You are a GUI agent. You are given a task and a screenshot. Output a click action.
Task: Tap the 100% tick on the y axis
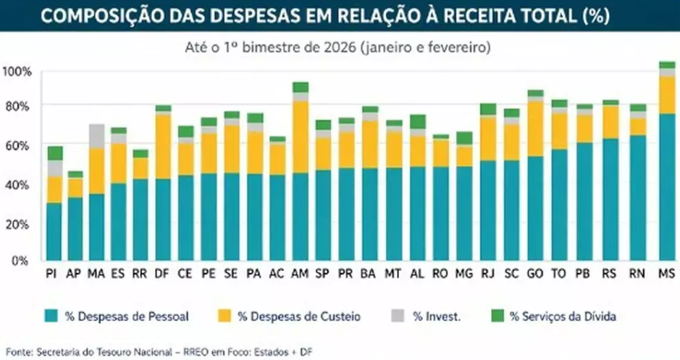pyautogui.click(x=17, y=71)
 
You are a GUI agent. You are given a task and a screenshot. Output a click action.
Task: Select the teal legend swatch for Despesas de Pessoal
pyautogui.click(x=51, y=316)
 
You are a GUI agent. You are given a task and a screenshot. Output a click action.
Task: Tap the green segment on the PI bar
pyautogui.click(x=54, y=153)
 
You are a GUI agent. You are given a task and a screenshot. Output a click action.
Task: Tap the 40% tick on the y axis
pyautogui.click(x=18, y=185)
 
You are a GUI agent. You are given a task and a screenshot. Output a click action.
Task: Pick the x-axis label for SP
pyautogui.click(x=323, y=274)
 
